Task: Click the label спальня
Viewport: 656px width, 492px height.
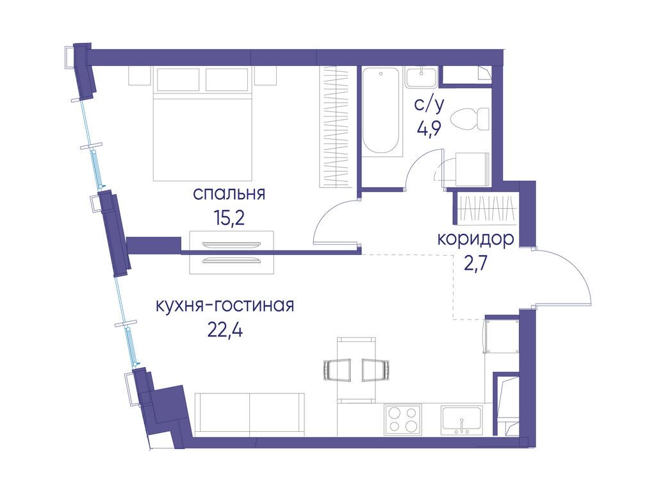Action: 229,193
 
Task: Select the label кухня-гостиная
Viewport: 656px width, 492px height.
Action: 224,306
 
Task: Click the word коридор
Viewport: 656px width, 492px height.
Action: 475,240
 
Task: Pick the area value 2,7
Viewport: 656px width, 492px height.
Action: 475,263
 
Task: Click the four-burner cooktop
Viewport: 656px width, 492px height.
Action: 403,420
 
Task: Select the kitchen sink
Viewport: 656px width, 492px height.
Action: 461,420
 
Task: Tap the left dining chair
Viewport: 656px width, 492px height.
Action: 338,370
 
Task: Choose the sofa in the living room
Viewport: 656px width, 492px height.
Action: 249,414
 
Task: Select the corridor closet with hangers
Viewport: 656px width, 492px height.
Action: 487,206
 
